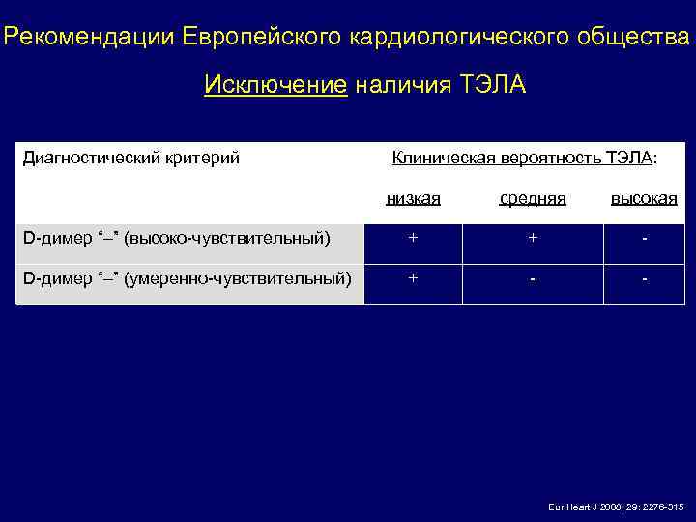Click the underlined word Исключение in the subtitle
pyautogui.click(x=275, y=86)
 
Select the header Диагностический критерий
pyautogui.click(x=130, y=157)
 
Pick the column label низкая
pyautogui.click(x=413, y=198)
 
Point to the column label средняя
pyautogui.click(x=533, y=198)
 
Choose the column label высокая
pyautogui.click(x=644, y=198)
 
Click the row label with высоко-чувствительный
pyautogui.click(x=177, y=238)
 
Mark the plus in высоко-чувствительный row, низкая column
pyautogui.click(x=413, y=237)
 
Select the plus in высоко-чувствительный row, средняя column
pyautogui.click(x=533, y=237)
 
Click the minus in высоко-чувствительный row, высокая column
pyautogui.click(x=644, y=238)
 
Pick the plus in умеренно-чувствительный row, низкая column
pyautogui.click(x=413, y=278)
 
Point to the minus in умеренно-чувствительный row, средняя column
pyautogui.click(x=533, y=279)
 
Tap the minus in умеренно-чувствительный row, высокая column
pyautogui.click(x=644, y=279)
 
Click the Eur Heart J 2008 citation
pyautogui.click(x=616, y=507)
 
